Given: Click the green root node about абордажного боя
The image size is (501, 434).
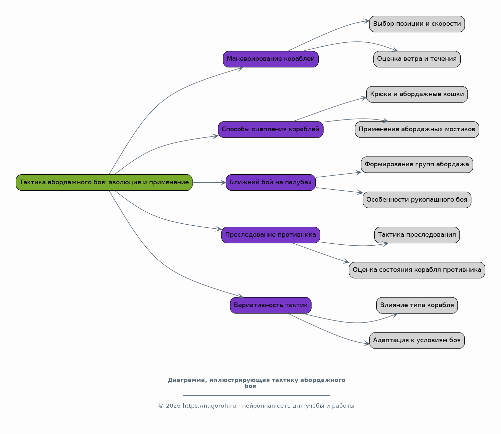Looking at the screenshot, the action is coord(104,183).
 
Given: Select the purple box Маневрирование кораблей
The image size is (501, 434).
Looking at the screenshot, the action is coord(271,59).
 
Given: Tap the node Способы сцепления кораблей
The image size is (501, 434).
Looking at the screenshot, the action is coord(271,130).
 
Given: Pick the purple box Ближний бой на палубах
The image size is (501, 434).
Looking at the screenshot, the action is coord(271,183).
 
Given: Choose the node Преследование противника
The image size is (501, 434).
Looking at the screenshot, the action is coord(271,235).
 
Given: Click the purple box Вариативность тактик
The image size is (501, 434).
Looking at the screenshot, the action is coord(271,305).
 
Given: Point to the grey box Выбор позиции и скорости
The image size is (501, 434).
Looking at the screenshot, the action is coord(417,24).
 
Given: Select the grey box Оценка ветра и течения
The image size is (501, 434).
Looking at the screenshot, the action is coord(417,59).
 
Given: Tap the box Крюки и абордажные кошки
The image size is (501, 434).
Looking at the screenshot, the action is coord(417,94).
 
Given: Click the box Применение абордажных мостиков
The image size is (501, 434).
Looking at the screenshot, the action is coord(417,130).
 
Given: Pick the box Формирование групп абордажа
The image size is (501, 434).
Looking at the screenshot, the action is coord(417,165).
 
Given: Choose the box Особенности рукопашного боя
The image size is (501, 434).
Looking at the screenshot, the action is coord(417,200).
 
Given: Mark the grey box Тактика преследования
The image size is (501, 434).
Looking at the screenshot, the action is coord(417,235).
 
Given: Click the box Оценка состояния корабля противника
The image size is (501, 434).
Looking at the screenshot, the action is coord(417,270).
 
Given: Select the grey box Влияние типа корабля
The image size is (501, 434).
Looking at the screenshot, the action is coord(417,305).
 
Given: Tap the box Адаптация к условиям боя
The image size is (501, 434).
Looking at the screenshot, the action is coord(417,341).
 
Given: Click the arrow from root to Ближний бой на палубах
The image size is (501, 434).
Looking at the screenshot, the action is coord(209,183).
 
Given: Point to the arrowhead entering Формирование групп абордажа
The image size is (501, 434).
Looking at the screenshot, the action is coord(359,173).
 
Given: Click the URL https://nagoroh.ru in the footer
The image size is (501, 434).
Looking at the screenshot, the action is coord(209,406).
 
